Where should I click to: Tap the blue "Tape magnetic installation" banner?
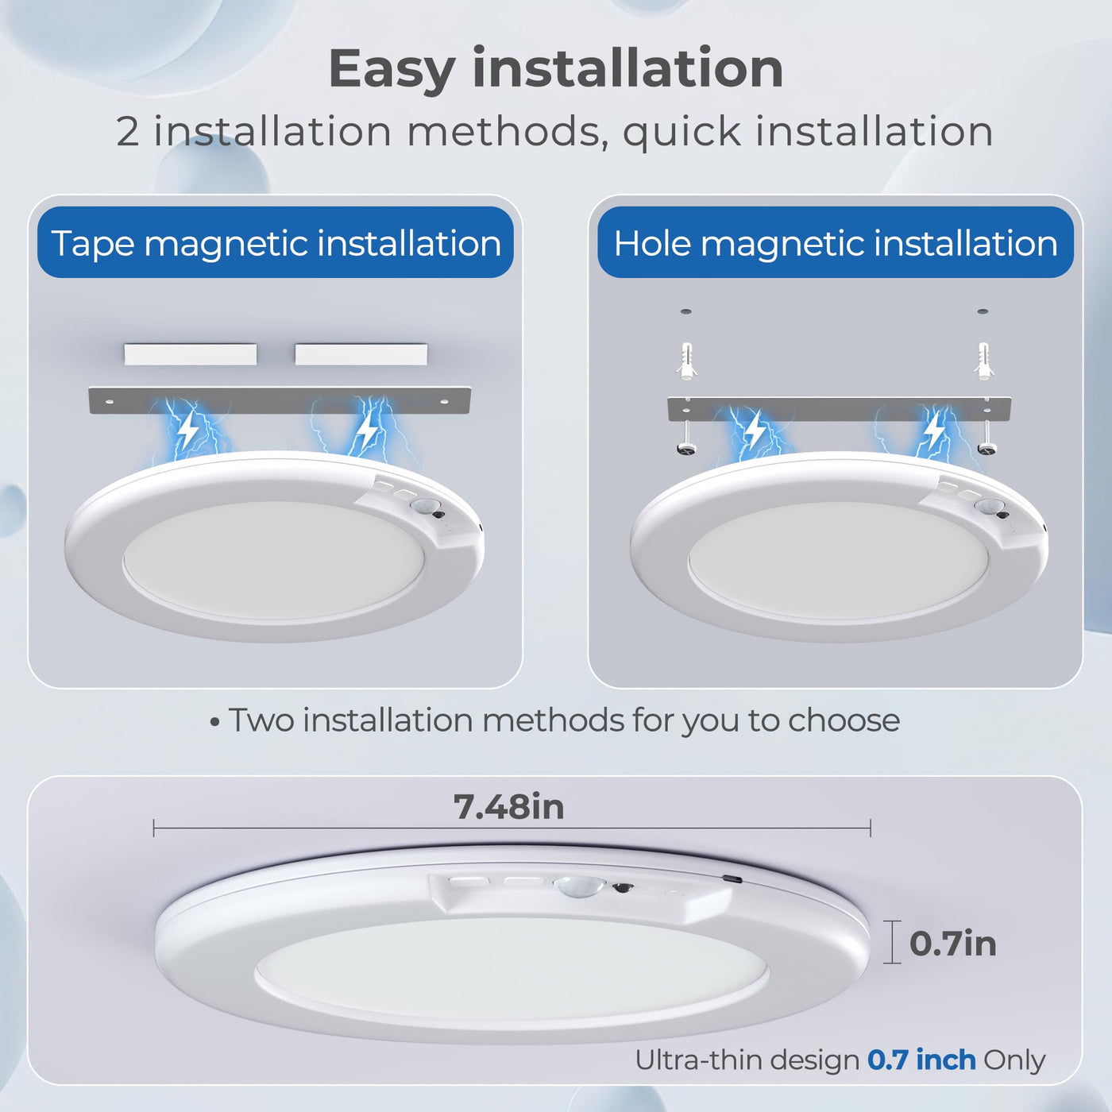[276, 242]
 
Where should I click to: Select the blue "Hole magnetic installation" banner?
[835, 242]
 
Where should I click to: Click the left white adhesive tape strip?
[191, 354]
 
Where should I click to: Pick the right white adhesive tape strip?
[361, 354]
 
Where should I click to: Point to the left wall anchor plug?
[686, 361]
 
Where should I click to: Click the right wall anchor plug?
[983, 361]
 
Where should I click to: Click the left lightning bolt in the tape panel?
[187, 431]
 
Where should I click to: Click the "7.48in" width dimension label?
[508, 807]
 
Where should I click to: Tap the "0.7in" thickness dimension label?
[952, 944]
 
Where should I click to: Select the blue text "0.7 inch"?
[921, 1060]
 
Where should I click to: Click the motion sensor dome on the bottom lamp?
[580, 885]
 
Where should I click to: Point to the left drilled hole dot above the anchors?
[686, 311]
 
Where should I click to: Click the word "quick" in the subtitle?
[682, 132]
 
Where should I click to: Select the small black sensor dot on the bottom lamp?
[622, 887]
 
